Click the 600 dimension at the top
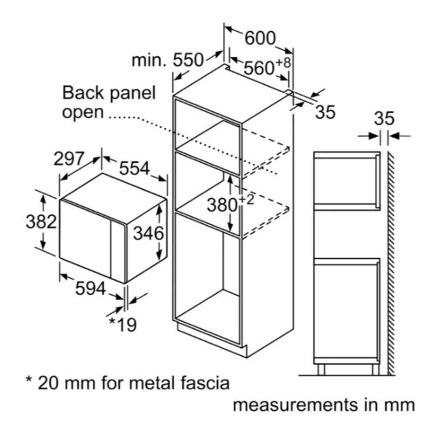tap(260, 38)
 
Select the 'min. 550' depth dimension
tap(167, 60)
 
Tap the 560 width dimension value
tap(259, 68)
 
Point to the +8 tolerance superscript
tap(283, 62)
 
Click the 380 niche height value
tap(222, 205)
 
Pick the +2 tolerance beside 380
tap(246, 199)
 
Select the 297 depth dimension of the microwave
tap(68, 159)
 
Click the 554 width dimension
tap(134, 168)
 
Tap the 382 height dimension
tap(41, 222)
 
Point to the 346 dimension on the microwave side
tap(149, 233)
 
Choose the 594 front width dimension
tap(91, 288)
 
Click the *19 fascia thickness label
tap(123, 324)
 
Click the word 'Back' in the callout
tap(83, 92)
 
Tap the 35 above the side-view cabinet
tap(384, 119)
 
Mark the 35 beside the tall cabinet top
tap(325, 112)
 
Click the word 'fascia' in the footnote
tap(205, 383)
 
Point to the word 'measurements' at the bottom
tap(296, 405)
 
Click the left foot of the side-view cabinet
tap(321, 370)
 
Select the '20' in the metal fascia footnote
tap(47, 383)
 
